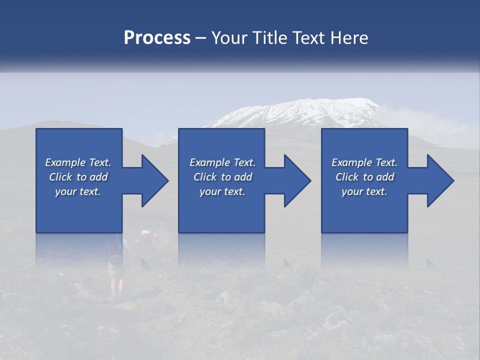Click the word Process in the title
click(x=157, y=38)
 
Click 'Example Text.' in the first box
click(x=78, y=162)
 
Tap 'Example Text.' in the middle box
click(x=222, y=162)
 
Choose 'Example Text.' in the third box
click(x=364, y=162)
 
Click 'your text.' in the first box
click(x=78, y=191)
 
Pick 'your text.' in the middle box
click(x=222, y=191)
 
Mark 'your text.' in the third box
click(x=364, y=191)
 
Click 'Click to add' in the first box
click(x=78, y=177)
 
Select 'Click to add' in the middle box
click(x=222, y=177)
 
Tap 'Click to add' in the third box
click(x=364, y=177)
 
